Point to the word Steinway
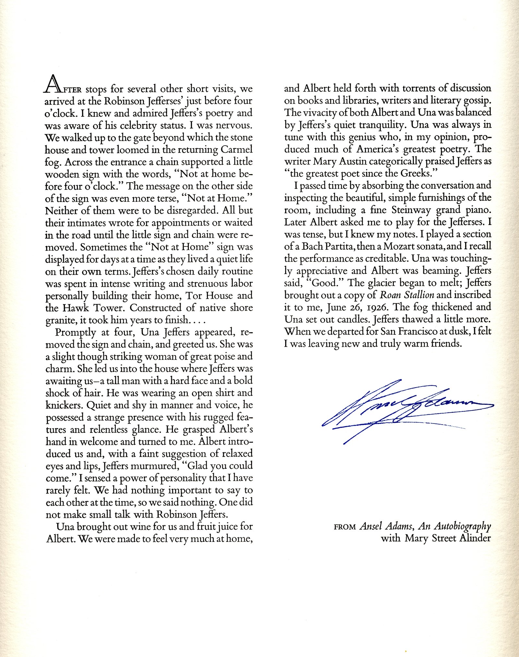pyautogui.click(x=411, y=210)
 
